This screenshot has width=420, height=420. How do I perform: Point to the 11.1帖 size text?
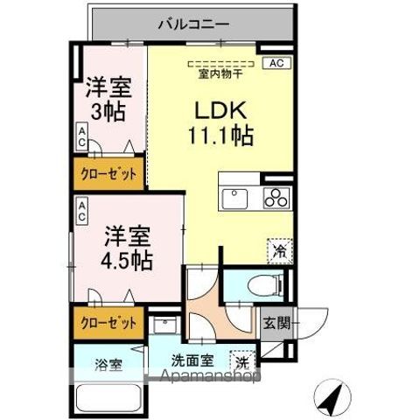pyautogui.click(x=219, y=136)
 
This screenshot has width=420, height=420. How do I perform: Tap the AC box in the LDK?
pyautogui.click(x=276, y=63)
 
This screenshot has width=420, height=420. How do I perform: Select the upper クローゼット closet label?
pyautogui.click(x=108, y=174)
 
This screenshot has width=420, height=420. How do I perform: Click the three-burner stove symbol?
pyautogui.click(x=277, y=198)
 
